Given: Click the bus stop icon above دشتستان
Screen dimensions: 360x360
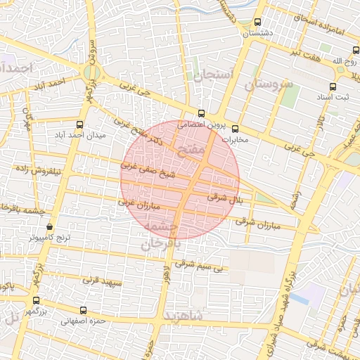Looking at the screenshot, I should [x=258, y=22].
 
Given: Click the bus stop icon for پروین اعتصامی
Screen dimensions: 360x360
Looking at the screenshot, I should [x=202, y=113].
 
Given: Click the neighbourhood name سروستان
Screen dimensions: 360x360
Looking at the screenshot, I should [x=268, y=85].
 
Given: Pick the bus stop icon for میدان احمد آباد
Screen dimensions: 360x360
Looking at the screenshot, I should [x=79, y=124].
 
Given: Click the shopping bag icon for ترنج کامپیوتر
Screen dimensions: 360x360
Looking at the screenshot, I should [x=49, y=227].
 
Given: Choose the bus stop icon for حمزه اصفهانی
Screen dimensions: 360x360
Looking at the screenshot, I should [x=84, y=310].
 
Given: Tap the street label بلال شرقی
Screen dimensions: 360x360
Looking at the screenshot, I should [x=227, y=198].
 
